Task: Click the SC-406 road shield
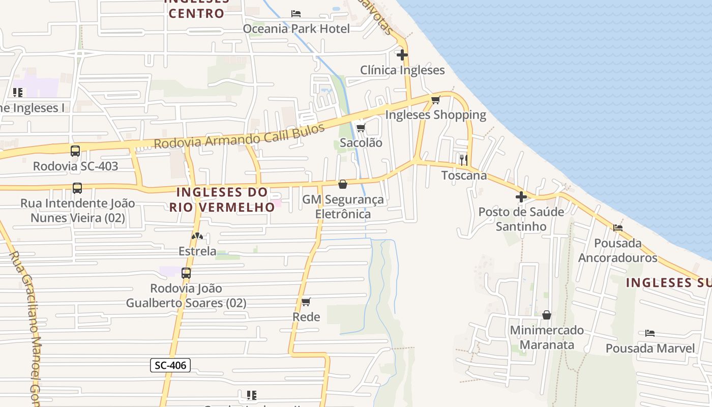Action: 170,365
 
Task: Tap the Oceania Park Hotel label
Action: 296,29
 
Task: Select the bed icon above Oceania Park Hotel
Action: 296,13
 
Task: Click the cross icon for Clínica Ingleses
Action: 402,54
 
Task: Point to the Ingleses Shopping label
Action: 435,115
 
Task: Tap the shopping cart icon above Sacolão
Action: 361,127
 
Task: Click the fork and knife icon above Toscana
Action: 464,160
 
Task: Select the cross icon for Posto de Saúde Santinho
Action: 521,196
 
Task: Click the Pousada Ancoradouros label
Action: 617,250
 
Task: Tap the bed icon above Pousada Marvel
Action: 649,333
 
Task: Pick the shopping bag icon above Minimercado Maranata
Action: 547,315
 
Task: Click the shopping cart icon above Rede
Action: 306,302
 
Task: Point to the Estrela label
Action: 197,251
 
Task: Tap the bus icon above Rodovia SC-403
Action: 75,151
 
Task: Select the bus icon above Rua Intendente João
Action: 77,188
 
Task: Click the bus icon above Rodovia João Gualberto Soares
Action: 186,273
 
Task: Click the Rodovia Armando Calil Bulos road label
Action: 239,136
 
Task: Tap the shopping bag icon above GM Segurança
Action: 343,184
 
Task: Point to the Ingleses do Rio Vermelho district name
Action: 222,199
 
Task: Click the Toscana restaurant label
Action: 464,176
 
